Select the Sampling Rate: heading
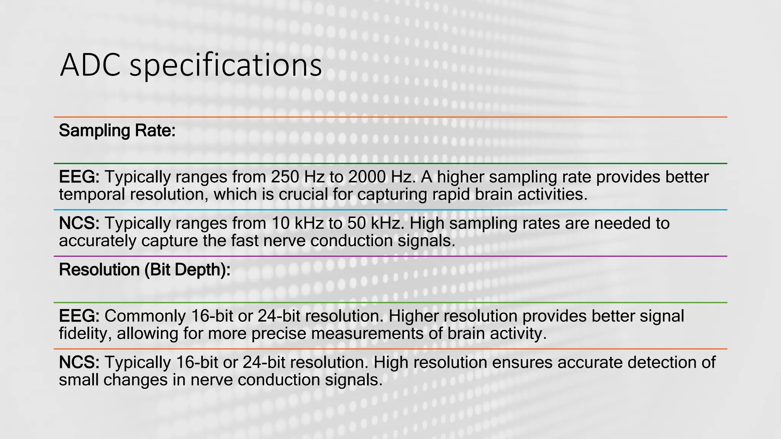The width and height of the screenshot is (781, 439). (117, 131)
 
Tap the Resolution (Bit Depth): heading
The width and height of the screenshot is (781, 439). (145, 270)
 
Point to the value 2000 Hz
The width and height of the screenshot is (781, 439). (380, 177)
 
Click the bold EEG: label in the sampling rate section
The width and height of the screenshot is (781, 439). (79, 177)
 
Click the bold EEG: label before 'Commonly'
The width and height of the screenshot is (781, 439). (79, 316)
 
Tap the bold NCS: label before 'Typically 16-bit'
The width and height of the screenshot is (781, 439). (79, 362)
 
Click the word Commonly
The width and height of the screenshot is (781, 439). (145, 316)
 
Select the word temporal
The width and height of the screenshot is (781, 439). (92, 195)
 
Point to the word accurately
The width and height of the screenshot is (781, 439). (97, 241)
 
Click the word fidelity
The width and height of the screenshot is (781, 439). (85, 334)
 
